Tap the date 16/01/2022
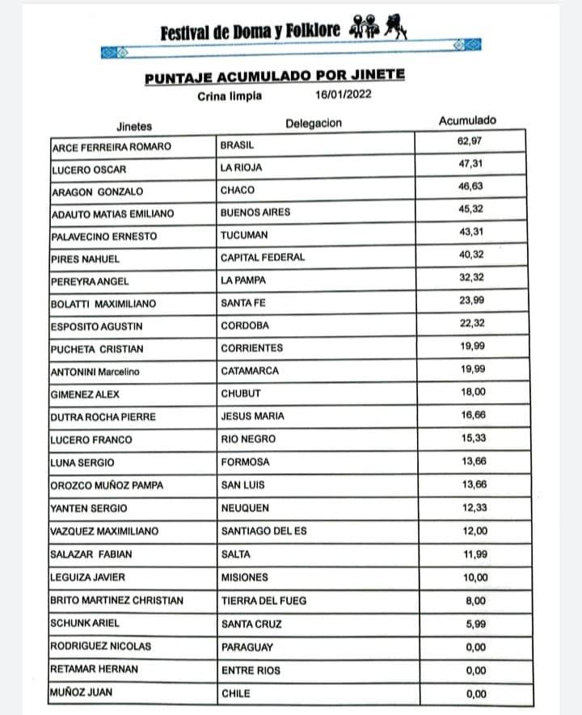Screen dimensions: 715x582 click(343, 95)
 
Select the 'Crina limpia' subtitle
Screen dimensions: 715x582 click(230, 96)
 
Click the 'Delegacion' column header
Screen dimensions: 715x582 click(314, 123)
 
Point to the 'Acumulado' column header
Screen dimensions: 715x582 click(467, 121)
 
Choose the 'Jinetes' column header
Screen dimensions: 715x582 click(134, 126)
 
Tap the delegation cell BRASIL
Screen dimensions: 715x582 click(237, 146)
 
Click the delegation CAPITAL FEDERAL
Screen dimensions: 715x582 click(263, 258)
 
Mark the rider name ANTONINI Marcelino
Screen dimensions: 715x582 click(95, 372)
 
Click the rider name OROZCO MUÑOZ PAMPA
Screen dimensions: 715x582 click(107, 486)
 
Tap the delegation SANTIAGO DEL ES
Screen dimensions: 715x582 click(264, 532)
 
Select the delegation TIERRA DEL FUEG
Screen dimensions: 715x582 click(264, 601)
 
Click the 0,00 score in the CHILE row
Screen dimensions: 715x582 click(477, 693)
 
